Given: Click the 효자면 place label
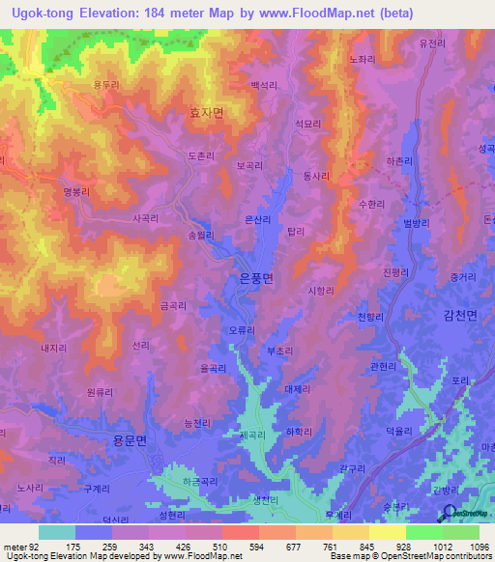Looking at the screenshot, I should [206, 113].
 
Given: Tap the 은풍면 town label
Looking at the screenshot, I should [256, 278].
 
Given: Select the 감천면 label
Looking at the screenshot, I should [460, 314].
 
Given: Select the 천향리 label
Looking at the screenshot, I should [371, 317].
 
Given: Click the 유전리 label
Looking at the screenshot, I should [432, 43].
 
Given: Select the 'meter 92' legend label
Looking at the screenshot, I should [20, 548].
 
